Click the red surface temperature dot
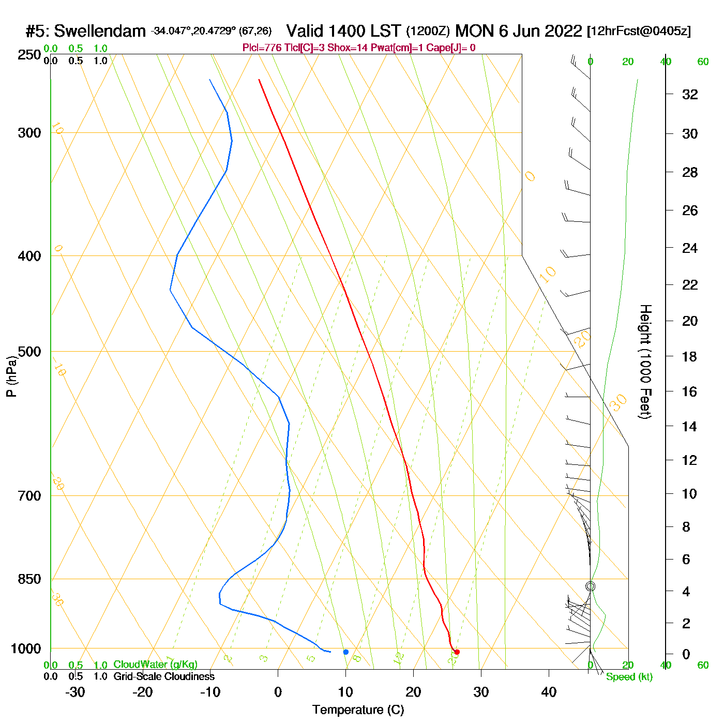(457, 652)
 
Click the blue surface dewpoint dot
(346, 652)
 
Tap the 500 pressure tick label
(29, 352)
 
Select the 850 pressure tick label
(29, 580)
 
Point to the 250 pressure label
(29, 55)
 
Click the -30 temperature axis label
(75, 692)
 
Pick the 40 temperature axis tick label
(549, 692)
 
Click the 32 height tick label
(690, 95)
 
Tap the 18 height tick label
(690, 357)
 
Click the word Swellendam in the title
(100, 32)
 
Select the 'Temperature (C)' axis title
(358, 710)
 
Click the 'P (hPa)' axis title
(11, 376)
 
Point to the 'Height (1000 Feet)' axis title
(645, 361)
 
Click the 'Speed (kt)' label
(629, 677)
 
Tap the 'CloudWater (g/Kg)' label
(155, 665)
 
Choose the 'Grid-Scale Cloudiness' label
(164, 676)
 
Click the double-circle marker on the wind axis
(590, 586)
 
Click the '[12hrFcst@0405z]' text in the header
(639, 32)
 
